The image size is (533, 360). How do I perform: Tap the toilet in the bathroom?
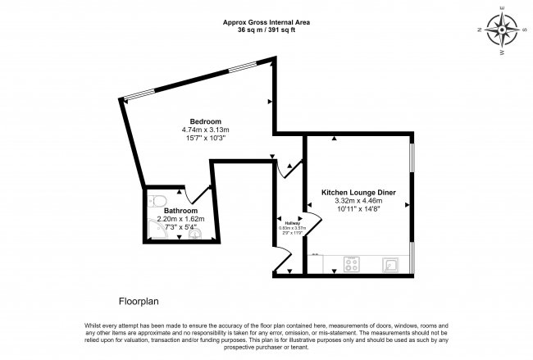coord(159,201)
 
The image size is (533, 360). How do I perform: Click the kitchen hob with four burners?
coord(352,263)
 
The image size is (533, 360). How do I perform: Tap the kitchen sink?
coord(391,263)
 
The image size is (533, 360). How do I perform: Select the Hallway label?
coord(292,223)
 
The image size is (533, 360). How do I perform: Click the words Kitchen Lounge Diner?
coord(359,192)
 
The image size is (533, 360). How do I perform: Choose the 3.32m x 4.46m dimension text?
coord(359,201)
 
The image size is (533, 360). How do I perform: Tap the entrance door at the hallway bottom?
coord(282,264)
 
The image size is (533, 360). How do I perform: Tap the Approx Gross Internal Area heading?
coord(266,22)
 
